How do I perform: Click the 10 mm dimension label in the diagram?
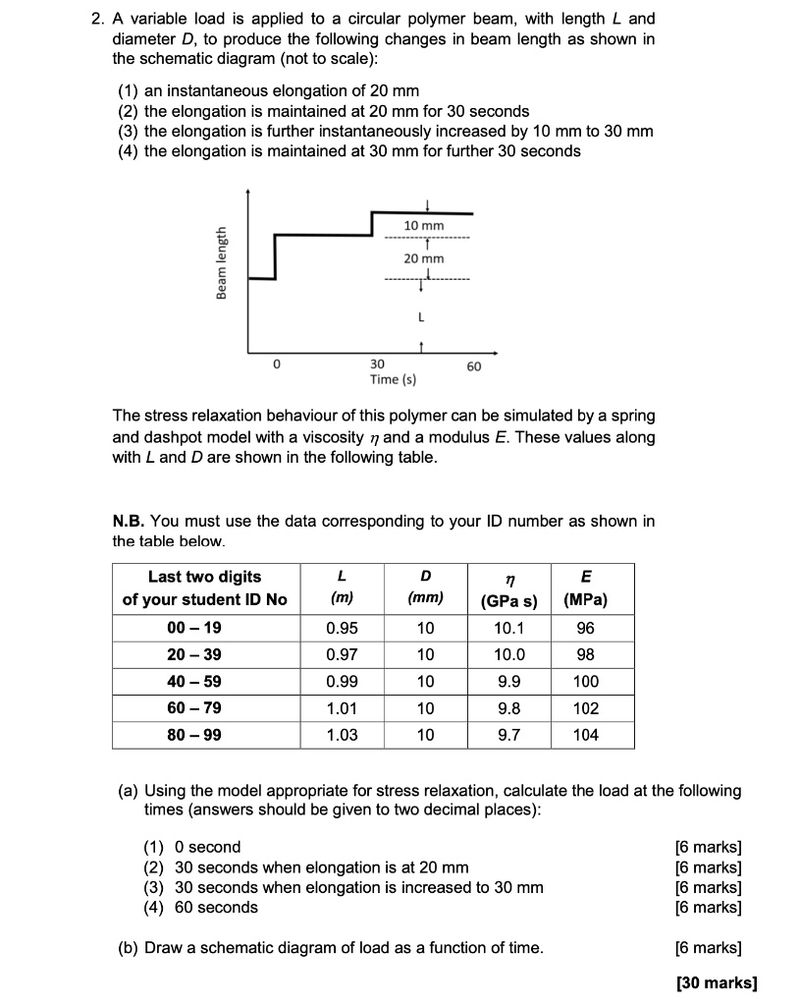click(424, 226)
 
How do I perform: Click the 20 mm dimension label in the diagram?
click(424, 258)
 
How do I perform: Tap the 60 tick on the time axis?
click(474, 365)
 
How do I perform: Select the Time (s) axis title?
click(393, 379)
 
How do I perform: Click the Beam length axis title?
click(222, 263)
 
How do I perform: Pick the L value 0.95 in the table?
click(342, 629)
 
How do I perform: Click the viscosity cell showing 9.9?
click(508, 682)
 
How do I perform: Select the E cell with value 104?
click(585, 735)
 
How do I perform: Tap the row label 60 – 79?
click(204, 708)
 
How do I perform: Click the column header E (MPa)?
click(585, 587)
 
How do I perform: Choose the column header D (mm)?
click(425, 587)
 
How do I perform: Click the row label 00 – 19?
click(204, 629)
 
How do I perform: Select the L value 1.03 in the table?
click(342, 735)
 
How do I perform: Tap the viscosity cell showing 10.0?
click(508, 655)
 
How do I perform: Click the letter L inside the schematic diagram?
click(421, 317)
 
